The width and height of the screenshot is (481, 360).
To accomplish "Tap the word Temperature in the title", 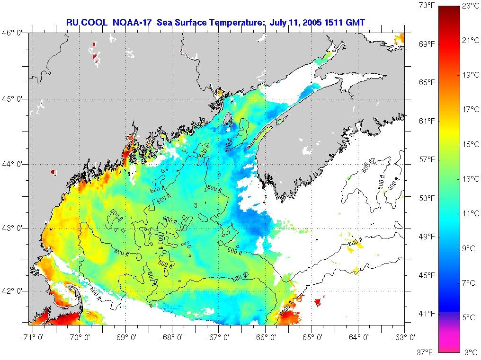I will coord(242,22).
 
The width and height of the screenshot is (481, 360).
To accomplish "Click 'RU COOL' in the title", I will coord(85,22).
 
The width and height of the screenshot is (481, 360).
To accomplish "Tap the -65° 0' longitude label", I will coord(312,337).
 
